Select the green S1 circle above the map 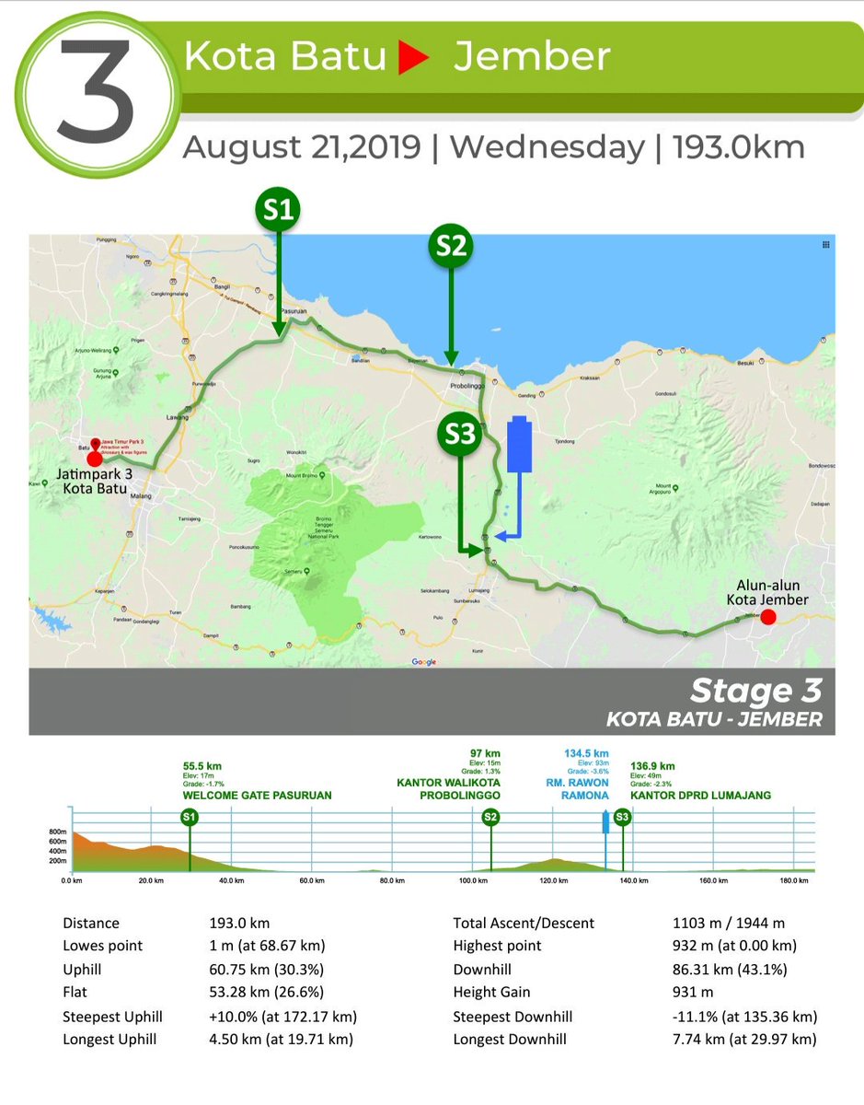click(278, 211)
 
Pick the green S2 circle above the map click(451, 247)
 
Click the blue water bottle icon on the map click(519, 445)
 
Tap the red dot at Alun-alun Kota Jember click(767, 617)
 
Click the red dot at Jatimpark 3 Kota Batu click(94, 459)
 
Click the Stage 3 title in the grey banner click(755, 692)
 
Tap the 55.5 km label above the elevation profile click(202, 766)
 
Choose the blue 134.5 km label click(586, 753)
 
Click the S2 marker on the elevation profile click(490, 817)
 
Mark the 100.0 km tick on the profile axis click(472, 880)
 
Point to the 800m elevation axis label click(56, 832)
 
